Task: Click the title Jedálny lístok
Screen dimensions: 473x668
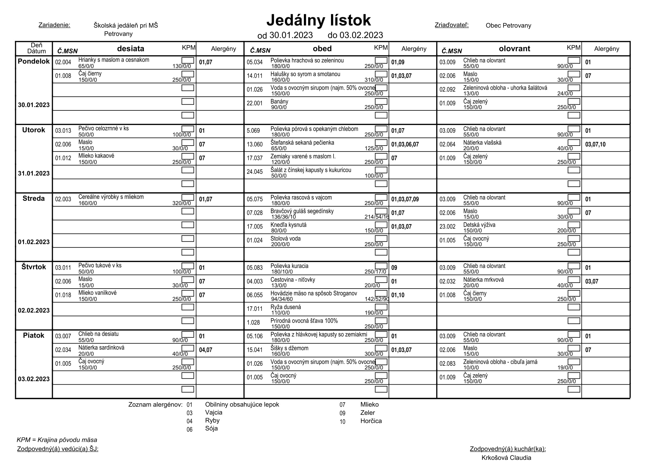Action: tap(319, 20)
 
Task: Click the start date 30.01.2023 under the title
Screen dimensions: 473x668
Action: tap(291, 35)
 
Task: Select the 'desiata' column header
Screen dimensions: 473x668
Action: tap(130, 49)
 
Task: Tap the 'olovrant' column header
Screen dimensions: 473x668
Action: tap(514, 49)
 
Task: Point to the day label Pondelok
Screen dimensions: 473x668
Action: tap(34, 61)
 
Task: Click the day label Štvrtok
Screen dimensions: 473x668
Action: tap(34, 267)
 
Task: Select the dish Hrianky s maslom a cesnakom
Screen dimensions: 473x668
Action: tap(114, 60)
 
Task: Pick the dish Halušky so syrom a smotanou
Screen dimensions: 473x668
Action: tap(305, 74)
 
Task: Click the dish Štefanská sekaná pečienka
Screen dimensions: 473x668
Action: tap(302, 142)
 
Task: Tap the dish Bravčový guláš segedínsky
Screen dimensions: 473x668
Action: tap(302, 211)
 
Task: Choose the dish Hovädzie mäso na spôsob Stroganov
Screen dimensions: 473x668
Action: tap(313, 293)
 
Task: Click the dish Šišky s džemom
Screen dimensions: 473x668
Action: tap(289, 348)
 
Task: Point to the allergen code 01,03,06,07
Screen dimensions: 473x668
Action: tap(405, 144)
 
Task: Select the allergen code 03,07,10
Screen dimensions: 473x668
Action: tap(595, 144)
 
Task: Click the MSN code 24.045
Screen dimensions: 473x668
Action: tap(254, 172)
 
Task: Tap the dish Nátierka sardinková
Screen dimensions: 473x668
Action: tap(101, 347)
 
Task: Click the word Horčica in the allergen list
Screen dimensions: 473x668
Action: tap(371, 421)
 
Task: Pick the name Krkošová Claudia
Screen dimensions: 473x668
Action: tap(506, 458)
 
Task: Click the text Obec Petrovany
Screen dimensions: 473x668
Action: tap(508, 26)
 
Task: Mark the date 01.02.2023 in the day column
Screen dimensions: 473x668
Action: tap(34, 242)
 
